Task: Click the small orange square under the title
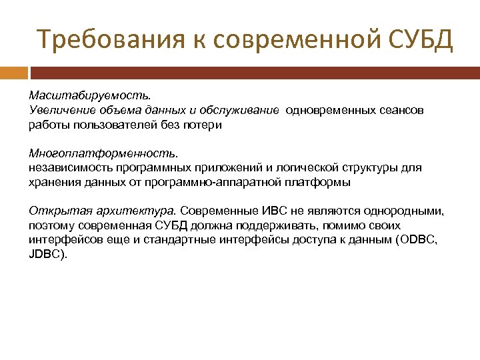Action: pyautogui.click(x=14, y=72)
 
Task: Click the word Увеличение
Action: pyautogui.click(x=59, y=110)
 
